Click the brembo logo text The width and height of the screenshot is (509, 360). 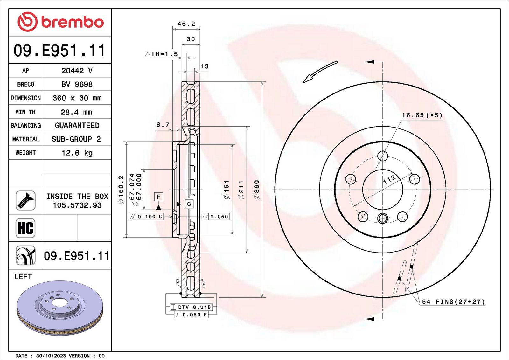pyautogui.click(x=73, y=22)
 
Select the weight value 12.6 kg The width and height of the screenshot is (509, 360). pyautogui.click(x=77, y=153)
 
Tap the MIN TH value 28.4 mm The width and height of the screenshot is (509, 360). pyautogui.click(x=77, y=112)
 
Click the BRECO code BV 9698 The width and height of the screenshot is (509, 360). pyautogui.click(x=77, y=84)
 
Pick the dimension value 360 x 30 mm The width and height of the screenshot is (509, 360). pyautogui.click(x=77, y=98)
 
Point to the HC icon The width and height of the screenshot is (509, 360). pyautogui.click(x=25, y=228)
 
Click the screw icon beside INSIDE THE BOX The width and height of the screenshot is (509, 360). pyautogui.click(x=25, y=201)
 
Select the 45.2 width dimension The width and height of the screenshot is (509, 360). pyautogui.click(x=186, y=24)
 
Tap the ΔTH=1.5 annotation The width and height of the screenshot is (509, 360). pyautogui.click(x=161, y=54)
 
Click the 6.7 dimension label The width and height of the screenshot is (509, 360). pyautogui.click(x=163, y=125)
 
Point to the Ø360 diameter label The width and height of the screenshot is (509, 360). pyautogui.click(x=256, y=190)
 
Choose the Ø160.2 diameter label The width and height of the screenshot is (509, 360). pyautogui.click(x=121, y=190)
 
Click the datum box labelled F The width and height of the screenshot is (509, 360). pyautogui.click(x=159, y=197)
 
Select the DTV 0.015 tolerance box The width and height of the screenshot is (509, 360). pyautogui.click(x=191, y=307)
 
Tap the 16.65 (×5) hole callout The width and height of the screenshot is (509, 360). pyautogui.click(x=422, y=115)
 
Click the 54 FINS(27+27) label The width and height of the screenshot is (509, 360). pyautogui.click(x=453, y=301)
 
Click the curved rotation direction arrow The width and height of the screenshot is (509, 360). pyautogui.click(x=320, y=72)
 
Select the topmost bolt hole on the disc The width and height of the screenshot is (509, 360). pyautogui.click(x=383, y=156)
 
